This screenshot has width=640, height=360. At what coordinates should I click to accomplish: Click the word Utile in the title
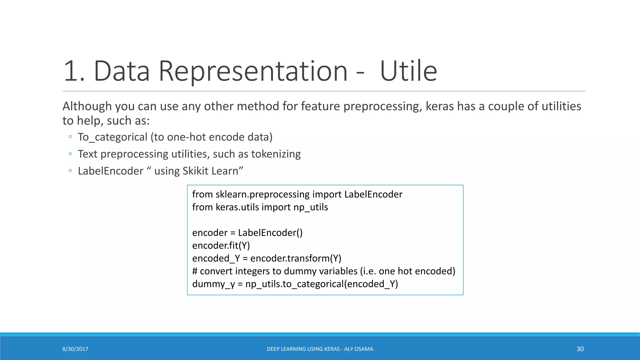408,71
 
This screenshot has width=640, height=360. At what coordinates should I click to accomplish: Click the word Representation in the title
253,71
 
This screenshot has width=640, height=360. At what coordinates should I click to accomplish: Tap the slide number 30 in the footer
580,349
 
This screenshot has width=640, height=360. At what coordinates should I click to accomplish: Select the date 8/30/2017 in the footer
75,349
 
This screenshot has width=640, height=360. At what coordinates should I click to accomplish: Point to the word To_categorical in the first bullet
112,137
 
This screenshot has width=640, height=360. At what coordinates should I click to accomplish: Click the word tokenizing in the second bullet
276,154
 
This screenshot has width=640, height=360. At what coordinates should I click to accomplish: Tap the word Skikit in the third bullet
195,171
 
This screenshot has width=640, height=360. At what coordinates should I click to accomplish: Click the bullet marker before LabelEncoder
70,171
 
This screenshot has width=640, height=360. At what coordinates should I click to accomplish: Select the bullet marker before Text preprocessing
70,154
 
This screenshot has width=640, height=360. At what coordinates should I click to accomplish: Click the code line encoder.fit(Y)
221,246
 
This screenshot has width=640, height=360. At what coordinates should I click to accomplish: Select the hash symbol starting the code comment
195,271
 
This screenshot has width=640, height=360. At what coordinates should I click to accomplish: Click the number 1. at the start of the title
74,71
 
